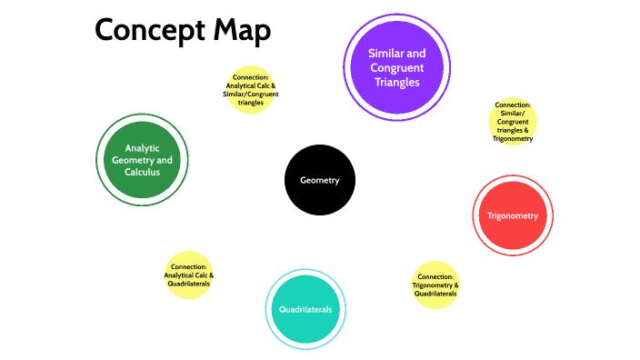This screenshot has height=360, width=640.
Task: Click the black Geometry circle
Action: coord(320,180)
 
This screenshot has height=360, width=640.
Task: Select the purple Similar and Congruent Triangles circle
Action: coord(396,67)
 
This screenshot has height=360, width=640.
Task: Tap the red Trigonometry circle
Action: coord(513,215)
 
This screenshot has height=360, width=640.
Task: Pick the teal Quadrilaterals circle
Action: coord(305,309)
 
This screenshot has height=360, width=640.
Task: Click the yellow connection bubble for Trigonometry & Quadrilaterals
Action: coord(435,285)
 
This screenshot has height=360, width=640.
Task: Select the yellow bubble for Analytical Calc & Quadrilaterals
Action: coord(188,275)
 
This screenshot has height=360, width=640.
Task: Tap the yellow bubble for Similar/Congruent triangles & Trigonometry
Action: coord(513,122)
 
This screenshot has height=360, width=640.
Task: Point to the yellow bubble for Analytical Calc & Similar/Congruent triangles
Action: coord(250,89)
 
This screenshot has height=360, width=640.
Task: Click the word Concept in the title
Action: coord(149,31)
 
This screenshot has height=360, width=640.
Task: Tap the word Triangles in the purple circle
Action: coord(396,82)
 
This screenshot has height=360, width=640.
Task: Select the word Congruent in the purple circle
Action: coord(396,67)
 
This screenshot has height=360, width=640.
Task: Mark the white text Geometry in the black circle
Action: coord(320,180)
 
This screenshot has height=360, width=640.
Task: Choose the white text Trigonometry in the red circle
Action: coord(513,216)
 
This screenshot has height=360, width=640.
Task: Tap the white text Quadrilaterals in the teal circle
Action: coord(305,309)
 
